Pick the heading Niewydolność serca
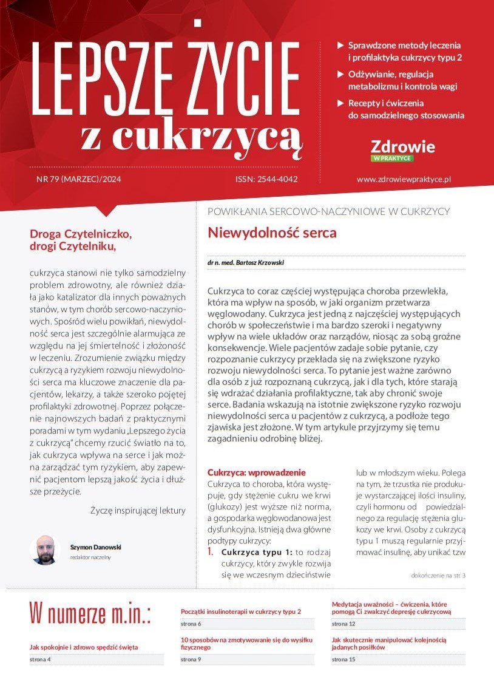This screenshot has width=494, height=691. pos(272,233)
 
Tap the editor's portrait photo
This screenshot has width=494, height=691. pos(45,550)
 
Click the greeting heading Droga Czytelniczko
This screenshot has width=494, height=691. pos(80,234)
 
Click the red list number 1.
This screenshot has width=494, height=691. pos(211,553)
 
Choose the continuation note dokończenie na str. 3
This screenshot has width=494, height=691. pos(438,576)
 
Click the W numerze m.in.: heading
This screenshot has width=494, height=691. pos(90,614)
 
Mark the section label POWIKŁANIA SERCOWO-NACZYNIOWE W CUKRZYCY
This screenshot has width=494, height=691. pos(328,211)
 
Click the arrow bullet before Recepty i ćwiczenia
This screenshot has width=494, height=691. pos(341,103)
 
